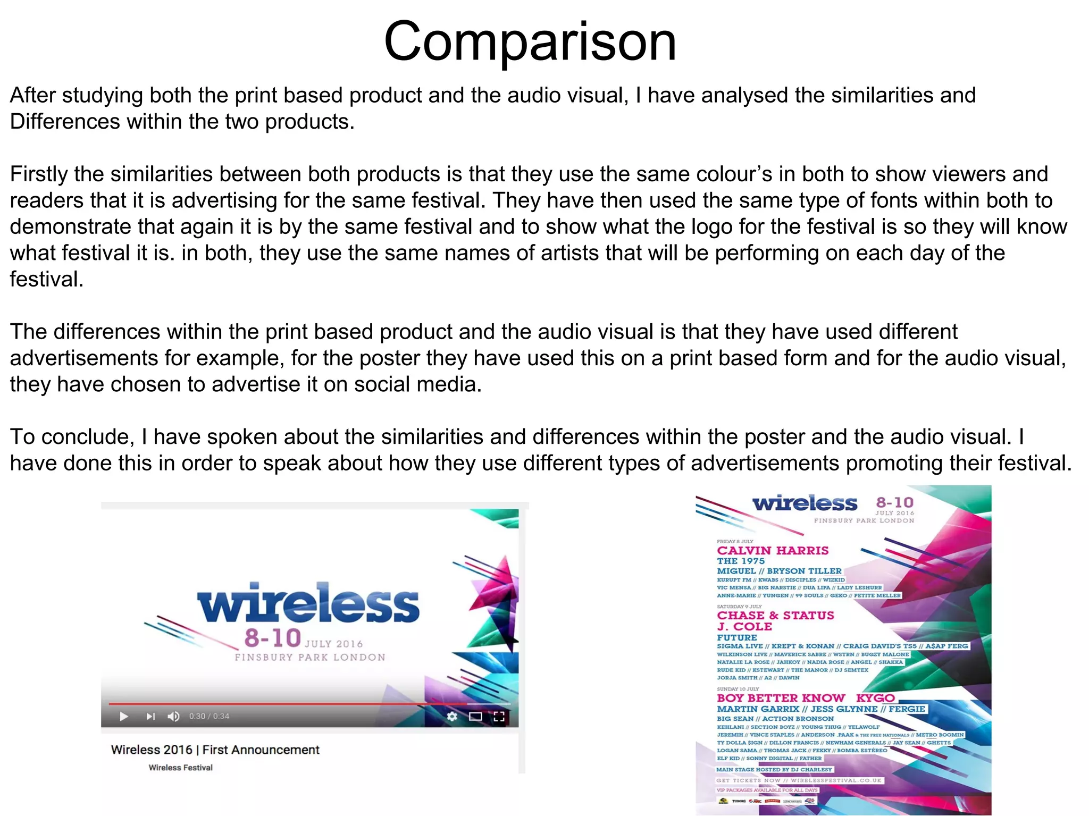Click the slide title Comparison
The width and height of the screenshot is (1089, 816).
pos(530,41)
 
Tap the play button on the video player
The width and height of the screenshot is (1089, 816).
pos(124,716)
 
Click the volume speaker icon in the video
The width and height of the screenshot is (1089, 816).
pos(173,716)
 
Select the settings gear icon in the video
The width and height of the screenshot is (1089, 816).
pos(452,716)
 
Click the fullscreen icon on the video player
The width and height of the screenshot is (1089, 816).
pos(499,716)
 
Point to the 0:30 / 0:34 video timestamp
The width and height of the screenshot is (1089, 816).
pos(209,716)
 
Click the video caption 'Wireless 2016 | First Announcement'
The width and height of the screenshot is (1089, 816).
pos(215,750)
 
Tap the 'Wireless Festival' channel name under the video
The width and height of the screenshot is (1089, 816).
pos(180,768)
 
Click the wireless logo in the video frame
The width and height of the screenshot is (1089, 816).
pos(308,604)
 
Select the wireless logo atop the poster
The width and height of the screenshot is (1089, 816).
pos(805,503)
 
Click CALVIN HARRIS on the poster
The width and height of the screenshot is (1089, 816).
pos(772,551)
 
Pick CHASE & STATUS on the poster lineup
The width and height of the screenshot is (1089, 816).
pos(775,616)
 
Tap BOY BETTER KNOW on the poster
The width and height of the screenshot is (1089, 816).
pos(781,698)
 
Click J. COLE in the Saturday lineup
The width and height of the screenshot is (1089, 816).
pos(744,627)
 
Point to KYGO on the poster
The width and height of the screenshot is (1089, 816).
pos(875,698)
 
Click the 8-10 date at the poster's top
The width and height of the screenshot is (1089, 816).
pos(894,502)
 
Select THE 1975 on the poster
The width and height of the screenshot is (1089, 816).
pos(741,561)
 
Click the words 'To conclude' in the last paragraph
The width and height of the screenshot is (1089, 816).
pos(69,437)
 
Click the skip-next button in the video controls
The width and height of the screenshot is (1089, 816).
pos(150,716)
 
